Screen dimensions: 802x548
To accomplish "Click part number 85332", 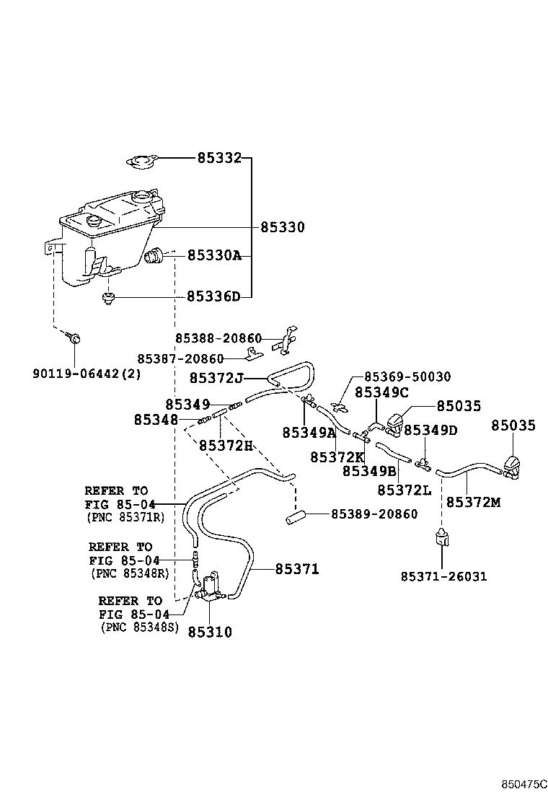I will click(x=219, y=157).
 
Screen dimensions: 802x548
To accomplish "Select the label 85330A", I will click(x=214, y=255).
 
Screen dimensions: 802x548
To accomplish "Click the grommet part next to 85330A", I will click(x=155, y=255).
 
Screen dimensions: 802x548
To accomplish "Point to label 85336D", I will click(x=213, y=296).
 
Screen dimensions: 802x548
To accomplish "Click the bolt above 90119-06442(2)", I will click(x=74, y=338).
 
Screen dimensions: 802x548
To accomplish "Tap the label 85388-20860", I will click(x=218, y=338).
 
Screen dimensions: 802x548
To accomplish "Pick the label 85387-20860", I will click(x=181, y=358).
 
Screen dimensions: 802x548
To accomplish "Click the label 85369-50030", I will click(x=407, y=376).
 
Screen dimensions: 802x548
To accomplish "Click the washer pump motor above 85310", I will click(x=211, y=586).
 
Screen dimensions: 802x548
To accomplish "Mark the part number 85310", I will click(x=210, y=632).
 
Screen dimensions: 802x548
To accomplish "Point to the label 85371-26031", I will click(x=443, y=576).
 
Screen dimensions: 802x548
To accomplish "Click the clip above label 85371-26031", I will click(x=441, y=538).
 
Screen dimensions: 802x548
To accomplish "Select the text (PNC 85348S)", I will click(x=138, y=627).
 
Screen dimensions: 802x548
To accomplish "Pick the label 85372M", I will click(x=473, y=502).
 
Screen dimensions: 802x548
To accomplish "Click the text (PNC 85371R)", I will click(x=125, y=518).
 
